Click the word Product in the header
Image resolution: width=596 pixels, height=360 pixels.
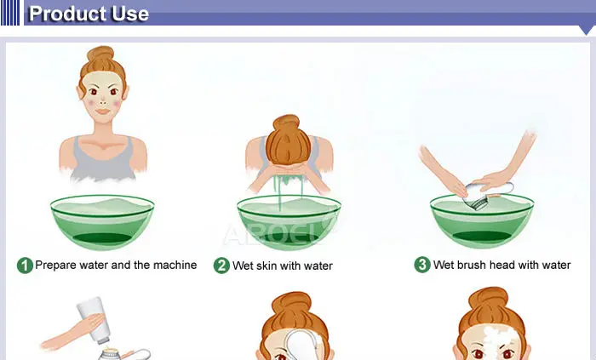(x=67, y=14)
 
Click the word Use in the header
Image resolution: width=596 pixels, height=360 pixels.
(x=129, y=14)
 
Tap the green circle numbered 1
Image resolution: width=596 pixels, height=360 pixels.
(x=25, y=266)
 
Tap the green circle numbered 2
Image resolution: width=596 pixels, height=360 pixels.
(x=221, y=266)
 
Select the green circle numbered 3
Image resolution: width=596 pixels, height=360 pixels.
(x=422, y=265)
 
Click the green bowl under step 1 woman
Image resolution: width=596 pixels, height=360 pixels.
(x=102, y=222)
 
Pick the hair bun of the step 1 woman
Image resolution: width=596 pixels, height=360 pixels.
(x=100, y=54)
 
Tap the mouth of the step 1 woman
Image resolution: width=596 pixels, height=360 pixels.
(x=102, y=111)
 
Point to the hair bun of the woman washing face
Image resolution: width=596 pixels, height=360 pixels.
(x=286, y=123)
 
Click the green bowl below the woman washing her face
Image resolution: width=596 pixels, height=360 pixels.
(x=289, y=222)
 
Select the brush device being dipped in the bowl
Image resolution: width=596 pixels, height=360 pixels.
(x=484, y=194)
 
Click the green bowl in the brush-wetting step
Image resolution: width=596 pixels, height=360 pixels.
(x=482, y=221)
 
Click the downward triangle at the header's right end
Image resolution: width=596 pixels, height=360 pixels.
(x=587, y=30)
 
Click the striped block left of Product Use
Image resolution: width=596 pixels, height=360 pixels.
(x=10, y=13)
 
